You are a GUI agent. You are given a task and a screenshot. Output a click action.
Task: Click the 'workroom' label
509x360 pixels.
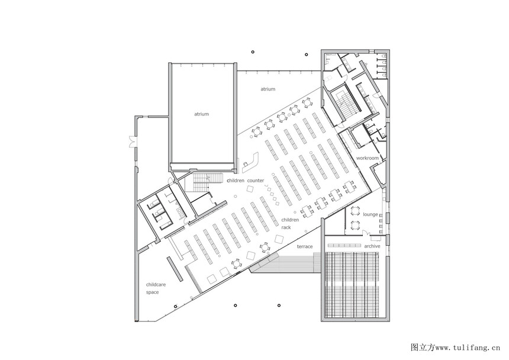368,158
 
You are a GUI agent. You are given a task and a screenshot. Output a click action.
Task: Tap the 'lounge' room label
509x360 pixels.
371,214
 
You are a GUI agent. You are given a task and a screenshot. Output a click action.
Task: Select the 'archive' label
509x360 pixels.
372,246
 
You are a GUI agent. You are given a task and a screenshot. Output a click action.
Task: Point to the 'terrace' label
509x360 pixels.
304,247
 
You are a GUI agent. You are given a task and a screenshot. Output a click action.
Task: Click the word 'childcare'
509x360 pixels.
156,285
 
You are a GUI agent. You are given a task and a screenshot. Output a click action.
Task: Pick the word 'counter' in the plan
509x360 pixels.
256,181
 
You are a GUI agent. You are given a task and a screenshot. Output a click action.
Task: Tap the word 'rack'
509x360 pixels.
286,227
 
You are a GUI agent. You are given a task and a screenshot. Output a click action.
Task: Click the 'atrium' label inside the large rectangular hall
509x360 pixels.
202,114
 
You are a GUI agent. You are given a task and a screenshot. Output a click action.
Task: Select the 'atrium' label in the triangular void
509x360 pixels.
268,89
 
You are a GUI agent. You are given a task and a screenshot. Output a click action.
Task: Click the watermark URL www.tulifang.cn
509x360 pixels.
468,348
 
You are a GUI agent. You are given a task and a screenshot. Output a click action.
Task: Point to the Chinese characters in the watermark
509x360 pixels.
423,348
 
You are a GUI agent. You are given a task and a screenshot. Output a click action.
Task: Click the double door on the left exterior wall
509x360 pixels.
132,140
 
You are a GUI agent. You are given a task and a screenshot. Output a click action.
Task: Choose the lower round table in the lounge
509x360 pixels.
355,224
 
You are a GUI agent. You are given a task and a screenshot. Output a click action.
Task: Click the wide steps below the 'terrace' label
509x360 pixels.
286,263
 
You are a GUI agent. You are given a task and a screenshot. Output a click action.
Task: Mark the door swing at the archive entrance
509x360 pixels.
366,233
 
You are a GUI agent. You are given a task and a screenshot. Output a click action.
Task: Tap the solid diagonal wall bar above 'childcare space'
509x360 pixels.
175,269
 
